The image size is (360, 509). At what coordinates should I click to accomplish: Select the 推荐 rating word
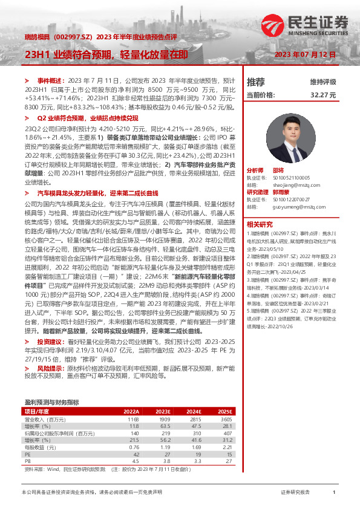click(256, 82)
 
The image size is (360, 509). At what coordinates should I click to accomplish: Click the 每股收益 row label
click(38, 446)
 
